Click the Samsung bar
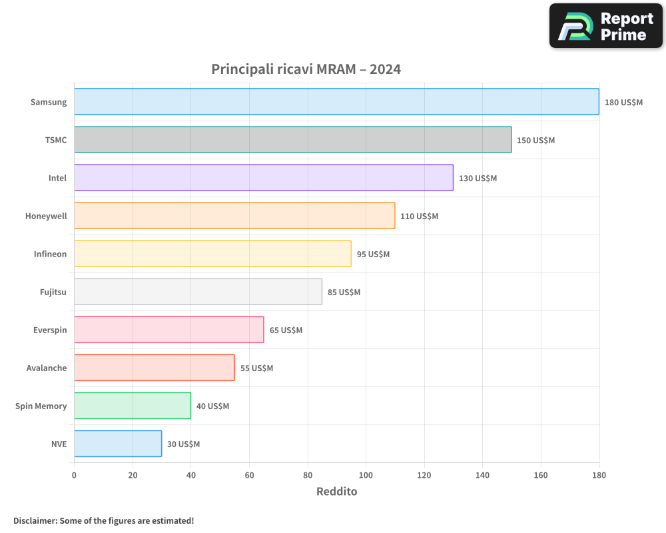click(336, 102)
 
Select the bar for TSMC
click(293, 140)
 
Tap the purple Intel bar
click(264, 178)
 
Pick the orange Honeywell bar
click(234, 216)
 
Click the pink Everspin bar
click(169, 330)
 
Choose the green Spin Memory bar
click(133, 406)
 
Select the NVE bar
click(118, 444)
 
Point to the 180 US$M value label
click(623, 103)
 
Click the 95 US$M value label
click(373, 255)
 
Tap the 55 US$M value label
click(256, 368)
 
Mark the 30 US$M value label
click(183, 444)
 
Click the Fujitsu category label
click(53, 292)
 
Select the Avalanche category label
click(47, 368)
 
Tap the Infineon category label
click(51, 254)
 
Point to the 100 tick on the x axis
click(366, 475)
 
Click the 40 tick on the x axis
click(190, 475)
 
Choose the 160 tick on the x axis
click(541, 475)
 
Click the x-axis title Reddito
click(336, 492)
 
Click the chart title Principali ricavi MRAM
click(306, 69)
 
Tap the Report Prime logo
click(606, 26)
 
